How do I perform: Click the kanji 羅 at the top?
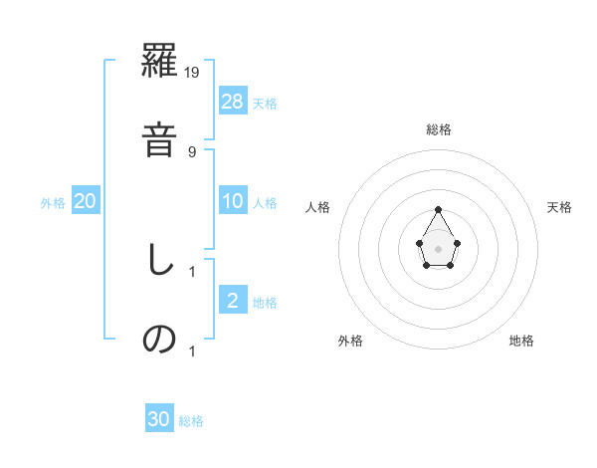click(160, 63)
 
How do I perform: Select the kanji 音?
click(160, 138)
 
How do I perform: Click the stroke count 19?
click(193, 72)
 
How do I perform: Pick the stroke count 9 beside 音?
click(192, 151)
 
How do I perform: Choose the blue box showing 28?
click(233, 102)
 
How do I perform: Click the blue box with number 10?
click(233, 201)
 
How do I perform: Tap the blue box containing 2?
click(232, 301)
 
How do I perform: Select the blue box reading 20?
click(86, 201)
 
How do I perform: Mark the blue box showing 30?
click(159, 419)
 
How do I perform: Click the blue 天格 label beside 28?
click(265, 104)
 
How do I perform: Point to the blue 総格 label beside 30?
click(191, 421)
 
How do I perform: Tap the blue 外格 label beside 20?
click(53, 203)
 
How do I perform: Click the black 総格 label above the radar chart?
click(438, 129)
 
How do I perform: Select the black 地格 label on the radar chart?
click(521, 341)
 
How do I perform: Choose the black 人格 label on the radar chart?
click(318, 207)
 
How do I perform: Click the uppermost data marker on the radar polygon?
click(438, 209)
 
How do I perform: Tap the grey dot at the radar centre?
click(438, 247)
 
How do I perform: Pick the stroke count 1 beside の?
click(192, 351)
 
